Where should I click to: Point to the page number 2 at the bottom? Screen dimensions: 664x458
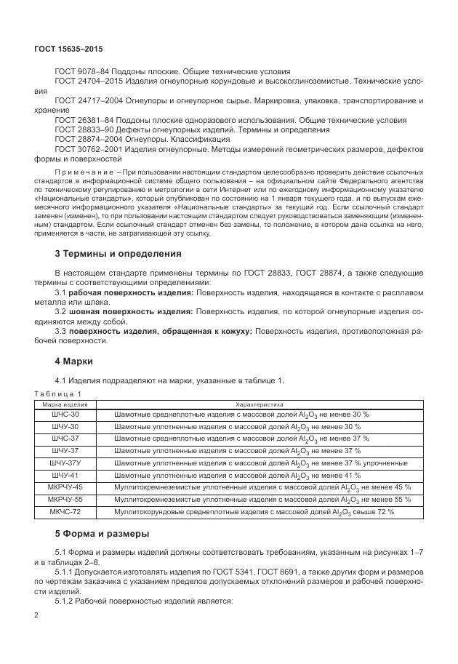(x=36, y=615)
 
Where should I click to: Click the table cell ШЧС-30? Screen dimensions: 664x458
(x=65, y=414)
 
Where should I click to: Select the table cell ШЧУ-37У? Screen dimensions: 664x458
(x=65, y=463)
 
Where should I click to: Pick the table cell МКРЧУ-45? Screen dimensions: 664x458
(x=65, y=487)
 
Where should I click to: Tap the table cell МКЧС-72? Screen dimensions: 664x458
(x=65, y=512)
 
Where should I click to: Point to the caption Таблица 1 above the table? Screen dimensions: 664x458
(x=58, y=393)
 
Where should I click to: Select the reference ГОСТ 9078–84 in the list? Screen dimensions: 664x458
(x=81, y=71)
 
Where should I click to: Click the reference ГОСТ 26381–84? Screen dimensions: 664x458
(x=84, y=119)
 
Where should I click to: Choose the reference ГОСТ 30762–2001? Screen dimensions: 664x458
(x=87, y=148)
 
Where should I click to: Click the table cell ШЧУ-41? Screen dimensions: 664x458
(x=65, y=475)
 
